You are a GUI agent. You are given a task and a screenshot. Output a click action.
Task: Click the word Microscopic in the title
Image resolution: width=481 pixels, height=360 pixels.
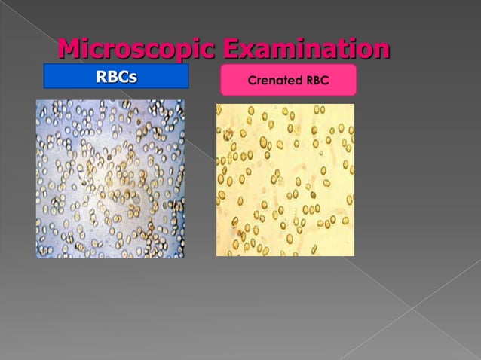tap(137, 50)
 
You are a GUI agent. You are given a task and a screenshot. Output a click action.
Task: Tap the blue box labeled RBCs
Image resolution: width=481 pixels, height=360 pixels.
tap(115, 77)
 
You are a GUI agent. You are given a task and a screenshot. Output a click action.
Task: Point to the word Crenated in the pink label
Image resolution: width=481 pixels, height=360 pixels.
tap(272, 80)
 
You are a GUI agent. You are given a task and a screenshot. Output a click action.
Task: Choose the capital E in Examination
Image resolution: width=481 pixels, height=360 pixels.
tap(234, 50)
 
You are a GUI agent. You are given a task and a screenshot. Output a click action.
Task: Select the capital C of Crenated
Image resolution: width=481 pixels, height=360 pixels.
tap(252, 80)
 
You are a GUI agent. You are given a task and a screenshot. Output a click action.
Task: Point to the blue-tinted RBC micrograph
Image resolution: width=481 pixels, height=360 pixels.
tap(110, 178)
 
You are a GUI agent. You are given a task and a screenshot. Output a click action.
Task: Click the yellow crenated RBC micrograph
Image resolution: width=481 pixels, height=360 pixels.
tap(285, 179)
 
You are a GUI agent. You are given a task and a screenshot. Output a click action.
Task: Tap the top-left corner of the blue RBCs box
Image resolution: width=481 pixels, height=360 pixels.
tap(44, 65)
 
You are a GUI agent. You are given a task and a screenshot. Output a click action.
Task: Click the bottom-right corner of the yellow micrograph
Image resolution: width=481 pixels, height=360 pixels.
tap(354, 255)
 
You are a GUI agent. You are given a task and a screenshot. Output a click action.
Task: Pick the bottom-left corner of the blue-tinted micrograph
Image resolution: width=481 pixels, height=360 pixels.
tap(36, 258)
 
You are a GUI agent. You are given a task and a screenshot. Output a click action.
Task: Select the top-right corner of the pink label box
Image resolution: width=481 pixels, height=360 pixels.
tap(355, 66)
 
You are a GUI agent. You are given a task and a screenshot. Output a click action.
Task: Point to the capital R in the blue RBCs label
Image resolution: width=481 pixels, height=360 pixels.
tap(101, 77)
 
